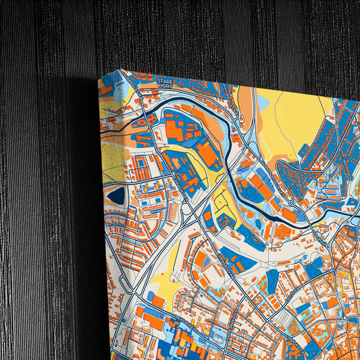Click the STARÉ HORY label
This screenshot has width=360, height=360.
point(165,82)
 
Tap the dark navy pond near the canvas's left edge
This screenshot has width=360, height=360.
point(117,196)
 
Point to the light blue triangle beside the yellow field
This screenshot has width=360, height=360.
point(263,102)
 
